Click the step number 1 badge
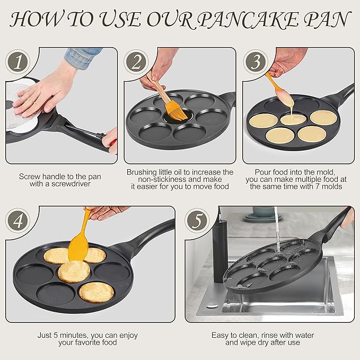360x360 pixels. [19, 63]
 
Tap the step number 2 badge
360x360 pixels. [137, 63]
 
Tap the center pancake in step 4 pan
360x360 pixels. [74, 271]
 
